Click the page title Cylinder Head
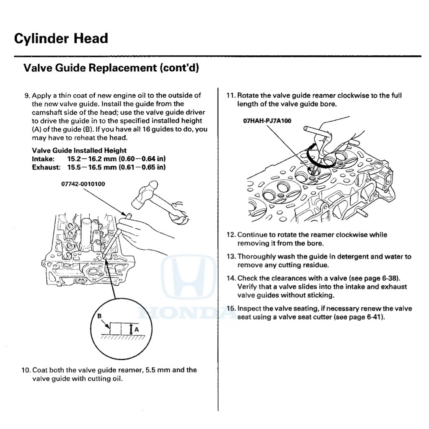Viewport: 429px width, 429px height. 61,39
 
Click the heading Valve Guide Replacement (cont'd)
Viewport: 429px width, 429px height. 111,68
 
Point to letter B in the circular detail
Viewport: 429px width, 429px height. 99,316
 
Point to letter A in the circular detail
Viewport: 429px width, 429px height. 136,329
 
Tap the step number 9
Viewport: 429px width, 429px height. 27,96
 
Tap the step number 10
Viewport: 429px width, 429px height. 25,370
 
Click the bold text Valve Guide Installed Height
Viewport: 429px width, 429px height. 79,150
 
